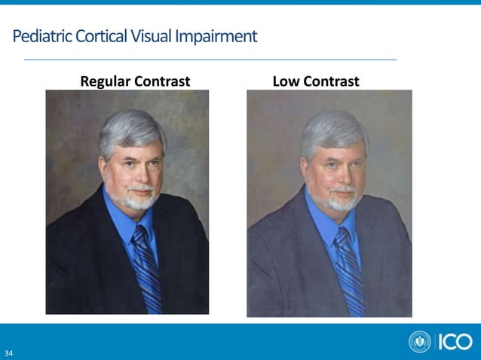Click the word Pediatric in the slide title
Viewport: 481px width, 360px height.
(41, 35)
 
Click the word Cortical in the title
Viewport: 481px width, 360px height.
(101, 35)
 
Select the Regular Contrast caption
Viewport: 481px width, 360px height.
(135, 81)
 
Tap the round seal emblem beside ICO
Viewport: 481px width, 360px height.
(420, 341)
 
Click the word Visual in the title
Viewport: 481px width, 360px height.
(152, 35)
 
